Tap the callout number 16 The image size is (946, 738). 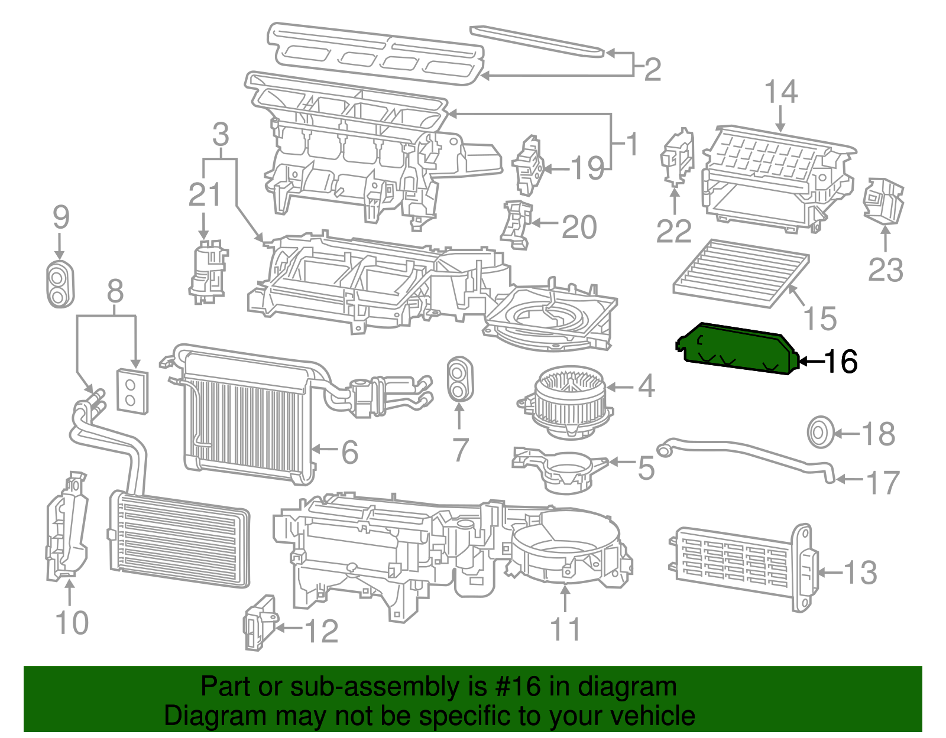pos(841,361)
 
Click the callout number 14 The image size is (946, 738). pos(780,92)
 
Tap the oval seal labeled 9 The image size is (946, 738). pos(60,283)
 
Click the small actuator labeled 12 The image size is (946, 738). pos(258,623)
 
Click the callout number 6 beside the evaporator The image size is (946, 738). pos(350,452)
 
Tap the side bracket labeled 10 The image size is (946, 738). pos(67,529)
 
